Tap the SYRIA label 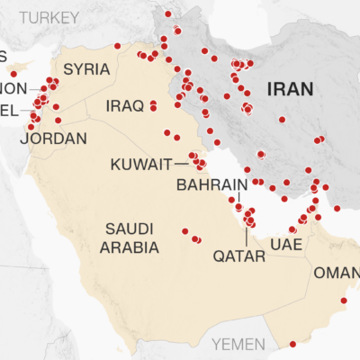86,69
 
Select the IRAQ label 124,106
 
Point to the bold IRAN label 289,88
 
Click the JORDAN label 57,139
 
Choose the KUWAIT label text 141,165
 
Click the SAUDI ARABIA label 131,237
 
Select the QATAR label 239,256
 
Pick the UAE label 284,245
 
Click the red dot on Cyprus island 13,73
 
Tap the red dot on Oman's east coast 344,301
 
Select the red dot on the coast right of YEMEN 292,344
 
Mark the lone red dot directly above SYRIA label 117,46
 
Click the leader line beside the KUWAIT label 184,165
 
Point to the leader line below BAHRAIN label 233,200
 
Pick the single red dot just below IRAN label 282,119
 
